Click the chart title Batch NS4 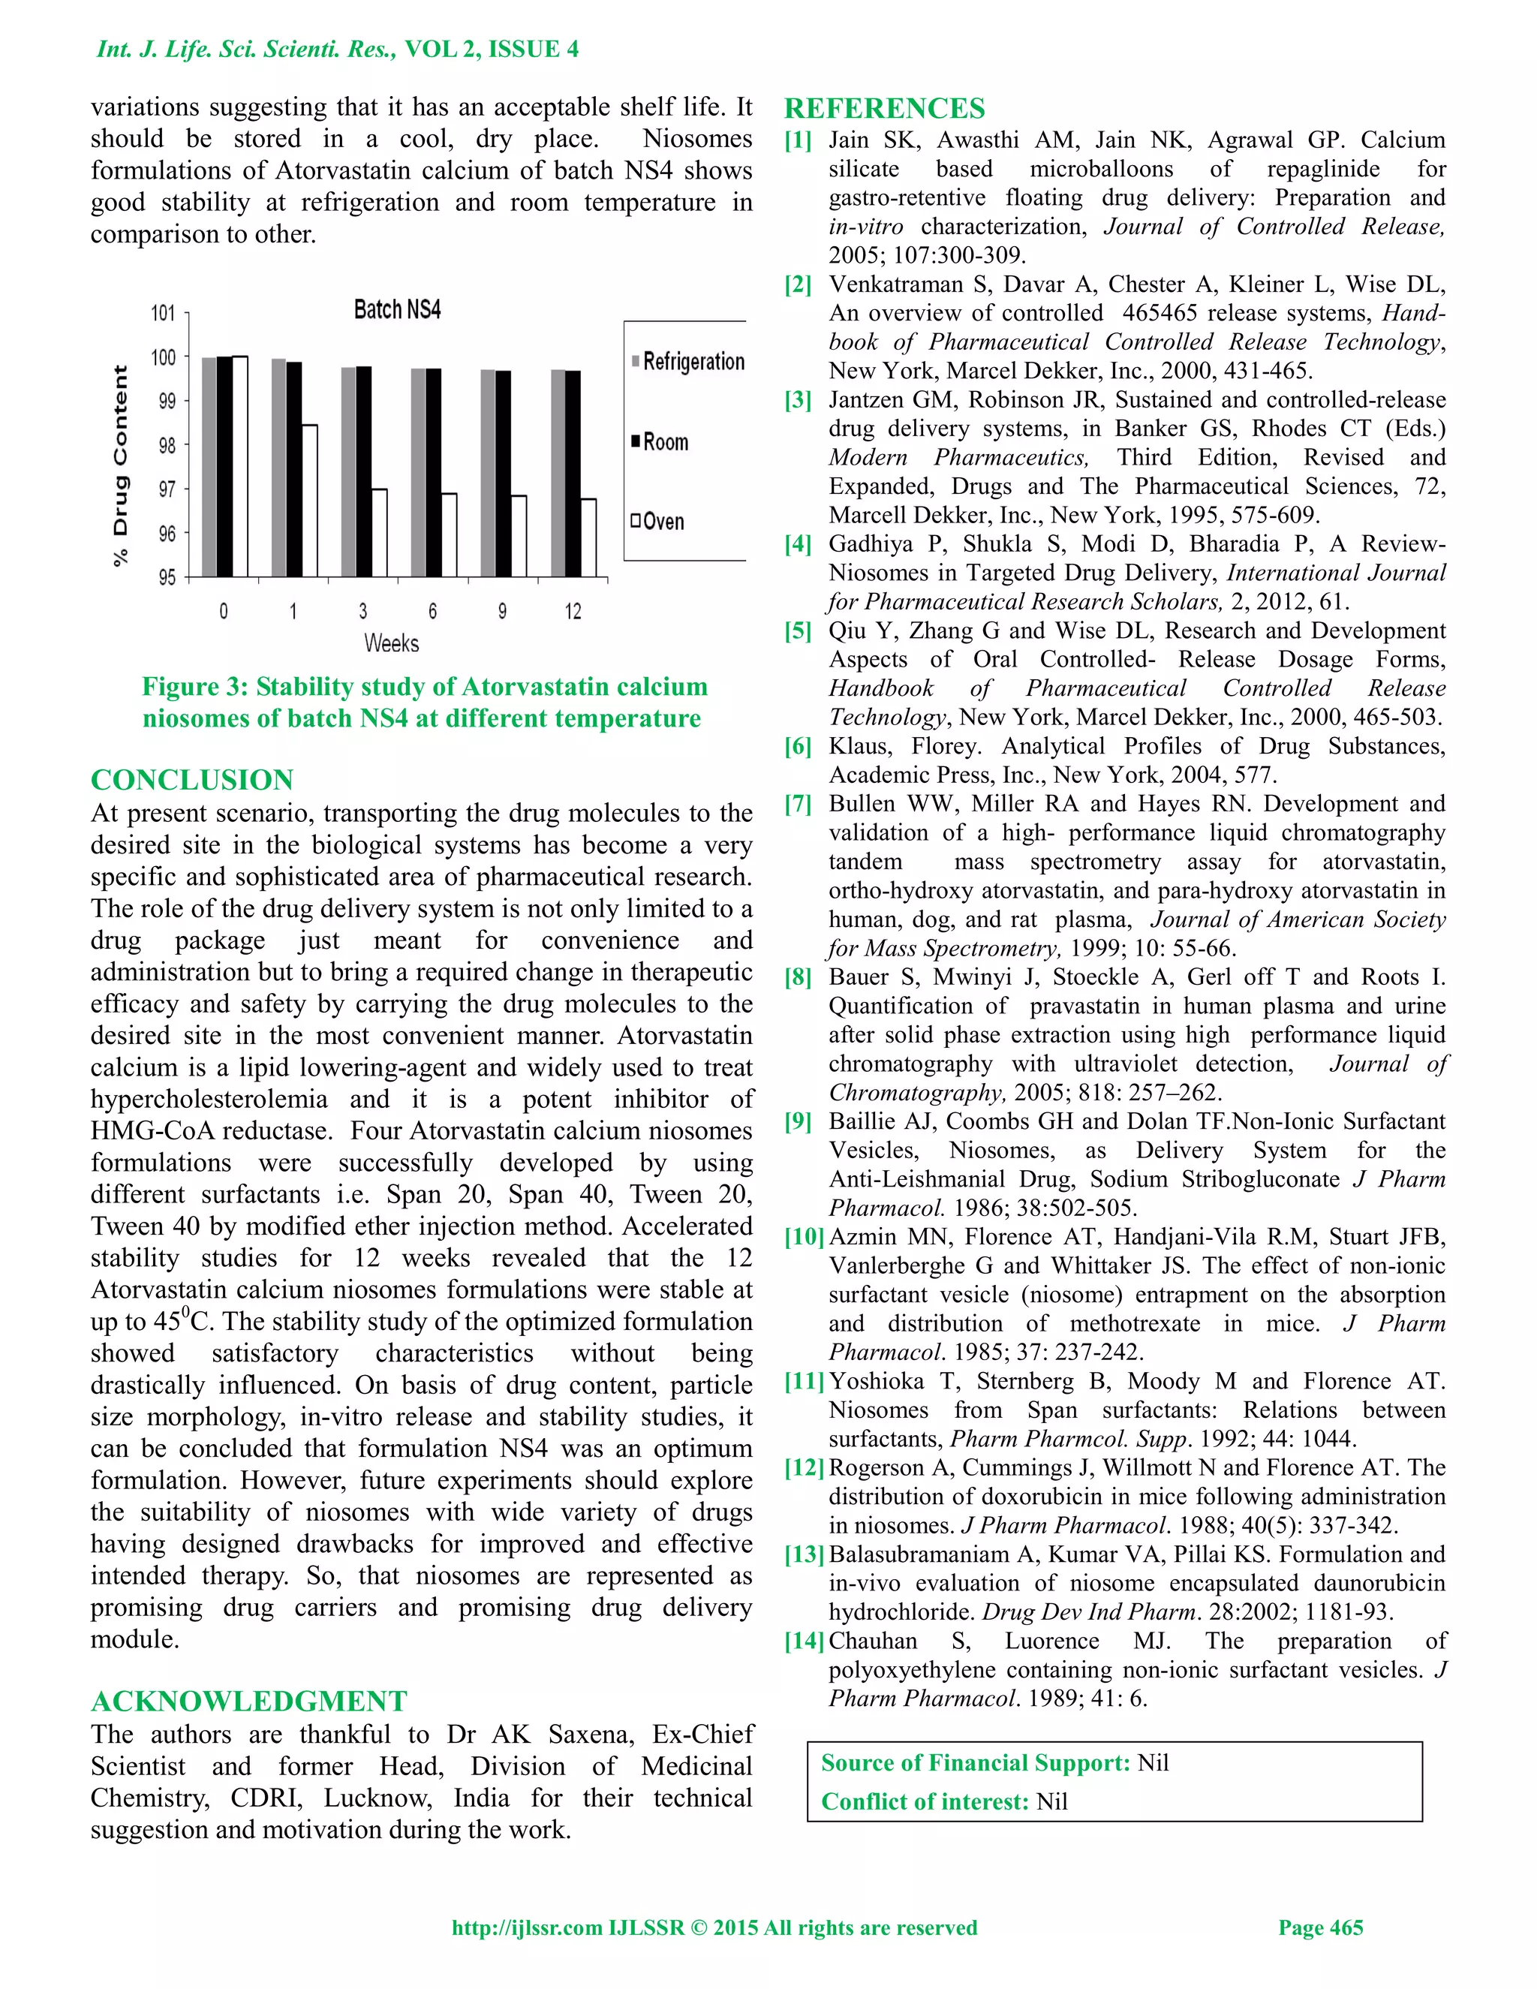coord(397,310)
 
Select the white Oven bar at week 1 coord(310,500)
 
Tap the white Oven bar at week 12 coord(588,537)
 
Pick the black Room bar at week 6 coord(434,472)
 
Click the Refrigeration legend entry coord(688,362)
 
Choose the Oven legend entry coord(657,522)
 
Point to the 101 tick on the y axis coord(163,313)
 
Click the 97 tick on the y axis coord(167,489)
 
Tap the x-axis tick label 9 coord(503,611)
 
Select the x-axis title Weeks coord(392,643)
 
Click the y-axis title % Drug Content coord(120,466)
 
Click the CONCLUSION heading coord(192,780)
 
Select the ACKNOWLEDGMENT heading coord(248,1702)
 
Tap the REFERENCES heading coord(884,108)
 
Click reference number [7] coord(798,804)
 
